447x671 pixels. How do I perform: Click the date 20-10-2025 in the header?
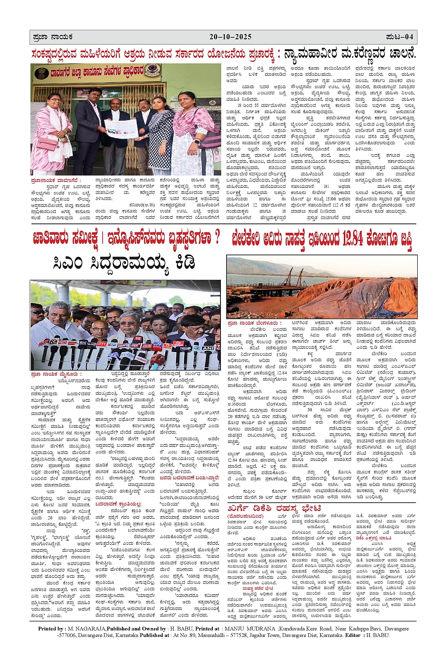[x=230, y=37]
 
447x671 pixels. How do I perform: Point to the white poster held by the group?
[x=127, y=128]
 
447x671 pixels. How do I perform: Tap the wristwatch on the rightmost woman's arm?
[x=197, y=141]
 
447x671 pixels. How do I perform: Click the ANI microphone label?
[x=208, y=347]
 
